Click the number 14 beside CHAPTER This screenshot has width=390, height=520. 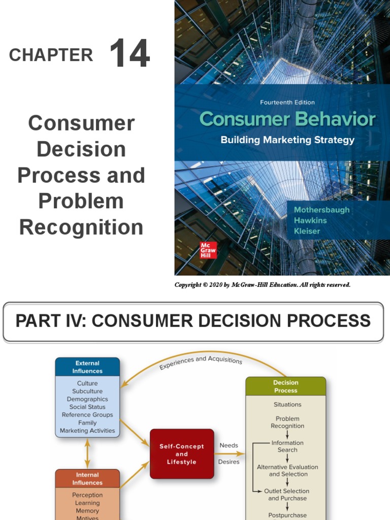click(x=129, y=54)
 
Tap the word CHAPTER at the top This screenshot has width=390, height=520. click(x=51, y=55)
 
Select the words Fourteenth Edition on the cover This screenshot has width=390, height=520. click(x=287, y=102)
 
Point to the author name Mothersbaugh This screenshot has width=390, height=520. click(x=322, y=210)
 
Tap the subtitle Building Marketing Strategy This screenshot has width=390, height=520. click(x=287, y=140)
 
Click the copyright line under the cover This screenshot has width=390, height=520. click(x=263, y=285)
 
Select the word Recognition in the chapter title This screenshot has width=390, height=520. click(x=81, y=227)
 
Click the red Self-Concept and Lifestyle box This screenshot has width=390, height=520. click(x=182, y=454)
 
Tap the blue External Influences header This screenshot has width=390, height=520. click(x=87, y=367)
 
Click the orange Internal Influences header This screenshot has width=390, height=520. click(x=87, y=479)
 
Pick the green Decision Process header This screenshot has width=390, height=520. click(x=285, y=386)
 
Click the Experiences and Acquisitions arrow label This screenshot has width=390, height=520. click(x=201, y=362)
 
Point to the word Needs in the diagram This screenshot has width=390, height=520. click(x=229, y=445)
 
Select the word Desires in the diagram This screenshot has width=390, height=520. click(x=229, y=462)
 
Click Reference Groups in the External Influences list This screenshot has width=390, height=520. click(x=87, y=415)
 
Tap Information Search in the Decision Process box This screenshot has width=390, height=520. click(x=287, y=446)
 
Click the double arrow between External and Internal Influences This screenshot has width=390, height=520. click(x=87, y=453)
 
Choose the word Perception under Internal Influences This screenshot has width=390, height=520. click(x=87, y=495)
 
